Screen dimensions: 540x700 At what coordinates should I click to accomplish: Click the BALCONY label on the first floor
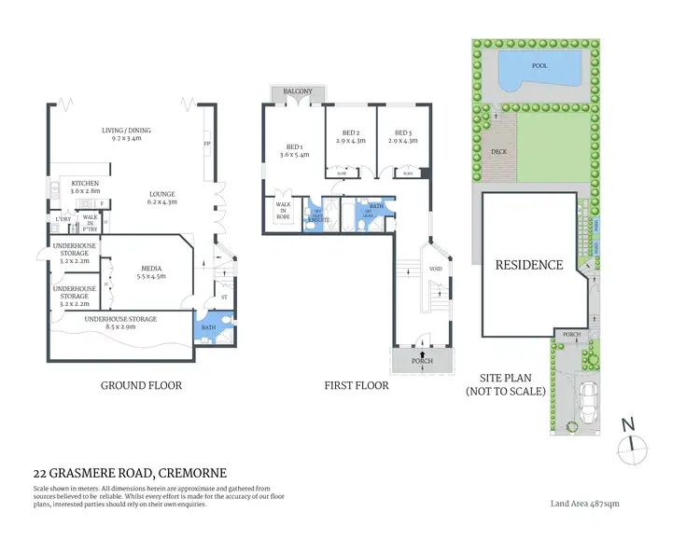coord(299,90)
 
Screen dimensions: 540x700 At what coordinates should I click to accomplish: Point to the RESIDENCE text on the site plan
coord(528,265)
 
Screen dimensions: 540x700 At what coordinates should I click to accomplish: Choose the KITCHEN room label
coord(85,184)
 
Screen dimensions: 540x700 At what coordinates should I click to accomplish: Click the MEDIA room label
coord(150,267)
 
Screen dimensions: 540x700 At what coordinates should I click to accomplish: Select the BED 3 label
coord(403,132)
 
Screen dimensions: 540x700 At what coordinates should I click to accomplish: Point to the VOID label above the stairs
coord(435,269)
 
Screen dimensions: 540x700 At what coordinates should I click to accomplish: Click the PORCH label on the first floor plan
coord(423,360)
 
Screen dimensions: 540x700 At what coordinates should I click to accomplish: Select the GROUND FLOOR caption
coord(141,384)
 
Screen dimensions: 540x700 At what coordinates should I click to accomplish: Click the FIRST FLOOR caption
coord(356,384)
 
